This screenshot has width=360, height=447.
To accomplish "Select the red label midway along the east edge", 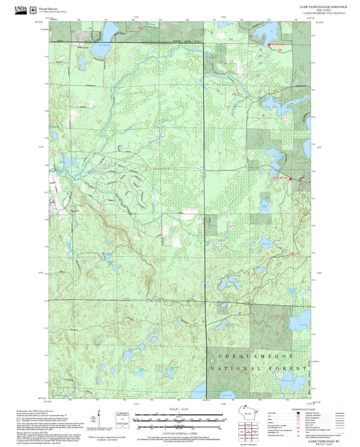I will [x=280, y=178].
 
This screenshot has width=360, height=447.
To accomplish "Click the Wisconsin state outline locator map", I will [x=247, y=415].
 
